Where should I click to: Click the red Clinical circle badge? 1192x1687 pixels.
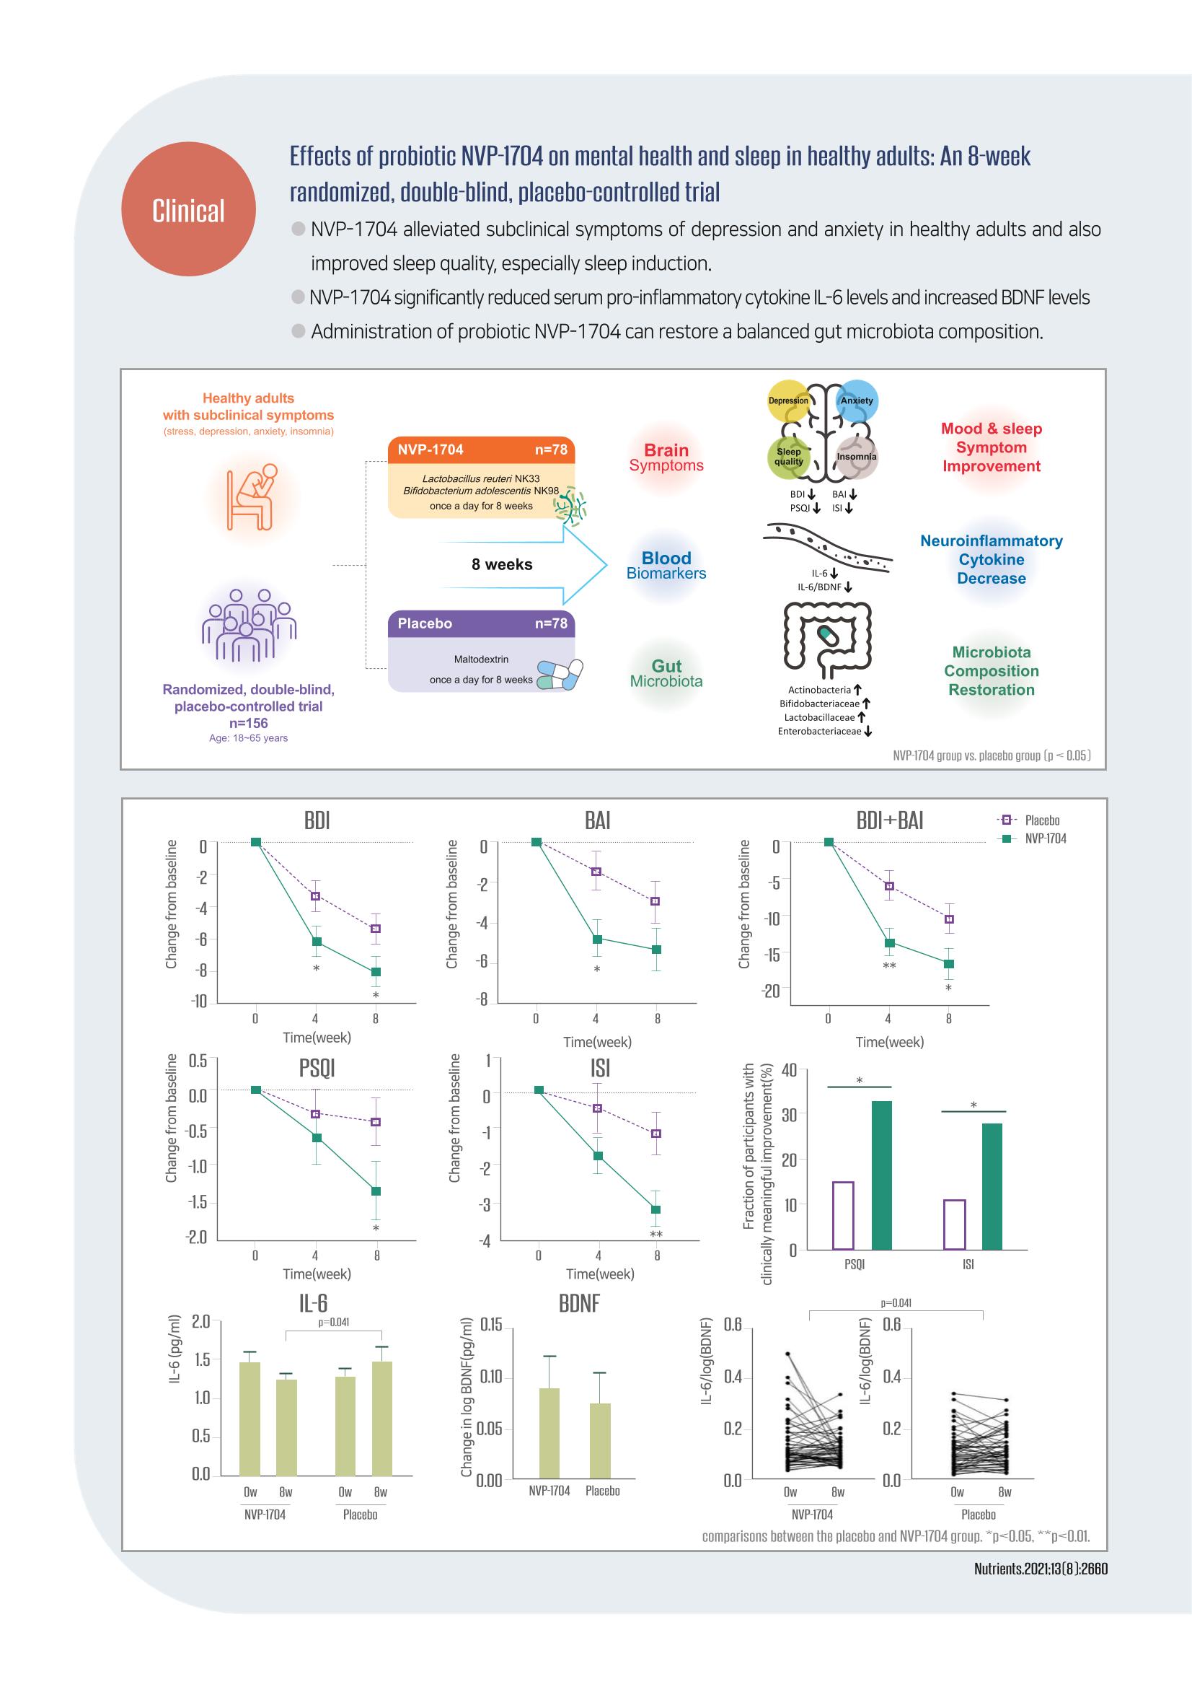coord(188,209)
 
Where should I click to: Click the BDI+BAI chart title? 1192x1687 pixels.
coord(889,820)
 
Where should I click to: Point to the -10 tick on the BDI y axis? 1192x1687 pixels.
coord(199,1002)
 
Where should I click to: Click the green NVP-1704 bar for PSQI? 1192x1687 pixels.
coord(881,1175)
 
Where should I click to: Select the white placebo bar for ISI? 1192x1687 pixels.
coord(954,1224)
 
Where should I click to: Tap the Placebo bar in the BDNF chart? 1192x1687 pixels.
coord(600,1441)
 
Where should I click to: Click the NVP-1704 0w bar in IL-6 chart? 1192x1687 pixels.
coord(250,1419)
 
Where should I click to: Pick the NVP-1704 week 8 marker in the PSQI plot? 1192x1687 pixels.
coord(376,1191)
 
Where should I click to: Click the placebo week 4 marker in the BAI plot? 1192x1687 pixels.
coord(596,872)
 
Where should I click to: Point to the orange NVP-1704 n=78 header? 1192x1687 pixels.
coord(482,450)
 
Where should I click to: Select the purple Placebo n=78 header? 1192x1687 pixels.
coord(482,624)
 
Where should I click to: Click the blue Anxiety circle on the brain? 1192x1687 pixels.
coord(857,400)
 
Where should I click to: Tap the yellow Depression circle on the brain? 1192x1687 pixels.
coord(788,400)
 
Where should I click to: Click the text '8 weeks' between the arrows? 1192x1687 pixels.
coord(503,564)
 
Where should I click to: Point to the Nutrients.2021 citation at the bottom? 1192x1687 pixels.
coord(1041,1569)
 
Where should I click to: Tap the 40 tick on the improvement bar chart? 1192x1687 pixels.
coord(789,1070)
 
